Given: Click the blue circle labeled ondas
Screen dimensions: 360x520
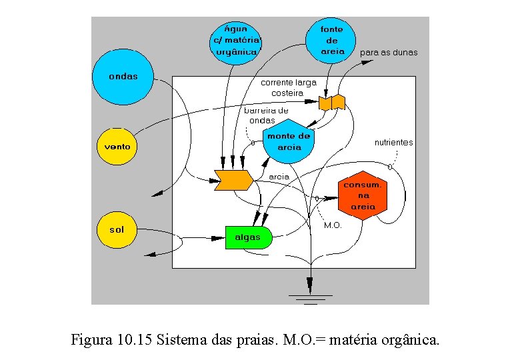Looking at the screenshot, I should pos(123,77).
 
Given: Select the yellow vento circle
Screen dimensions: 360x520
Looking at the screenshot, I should pos(117,146).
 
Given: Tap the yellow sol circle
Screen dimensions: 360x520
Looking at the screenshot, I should pos(117,230).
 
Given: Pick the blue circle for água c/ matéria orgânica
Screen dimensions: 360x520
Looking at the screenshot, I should pos(236,41).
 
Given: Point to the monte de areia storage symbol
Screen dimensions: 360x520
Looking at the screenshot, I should pos(288,142).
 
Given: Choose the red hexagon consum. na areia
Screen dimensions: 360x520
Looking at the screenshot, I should pos(363,195).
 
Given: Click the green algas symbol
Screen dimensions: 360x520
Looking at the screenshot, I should pos(248,237).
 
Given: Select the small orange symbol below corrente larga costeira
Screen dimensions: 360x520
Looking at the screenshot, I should pos(331,102).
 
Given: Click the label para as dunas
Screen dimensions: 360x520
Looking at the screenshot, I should pos(389,53).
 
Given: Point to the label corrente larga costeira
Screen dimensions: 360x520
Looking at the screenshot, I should pos(288,87).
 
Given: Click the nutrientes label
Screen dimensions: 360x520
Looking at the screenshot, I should pos(393,143).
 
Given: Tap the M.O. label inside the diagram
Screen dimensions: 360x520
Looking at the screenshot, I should pos(333,225).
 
